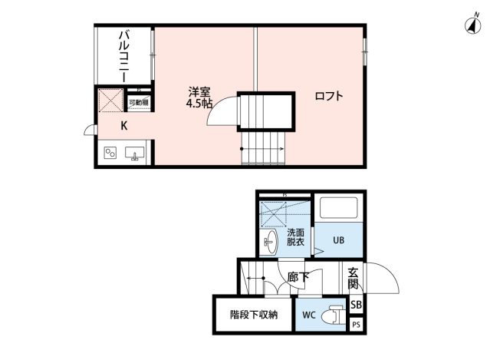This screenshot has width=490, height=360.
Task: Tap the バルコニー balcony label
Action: (123, 54)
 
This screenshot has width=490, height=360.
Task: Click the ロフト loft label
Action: (328, 97)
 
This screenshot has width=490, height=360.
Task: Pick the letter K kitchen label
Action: (123, 126)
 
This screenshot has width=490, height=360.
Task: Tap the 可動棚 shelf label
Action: (139, 101)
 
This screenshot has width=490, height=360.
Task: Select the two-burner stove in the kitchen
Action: (110, 153)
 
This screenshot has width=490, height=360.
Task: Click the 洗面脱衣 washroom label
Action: (295, 237)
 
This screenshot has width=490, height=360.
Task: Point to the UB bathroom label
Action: (338, 239)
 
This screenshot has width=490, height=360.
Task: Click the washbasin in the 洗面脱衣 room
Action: (271, 245)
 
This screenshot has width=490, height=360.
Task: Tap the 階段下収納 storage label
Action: (253, 314)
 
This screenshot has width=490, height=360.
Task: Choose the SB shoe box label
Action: (355, 306)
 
